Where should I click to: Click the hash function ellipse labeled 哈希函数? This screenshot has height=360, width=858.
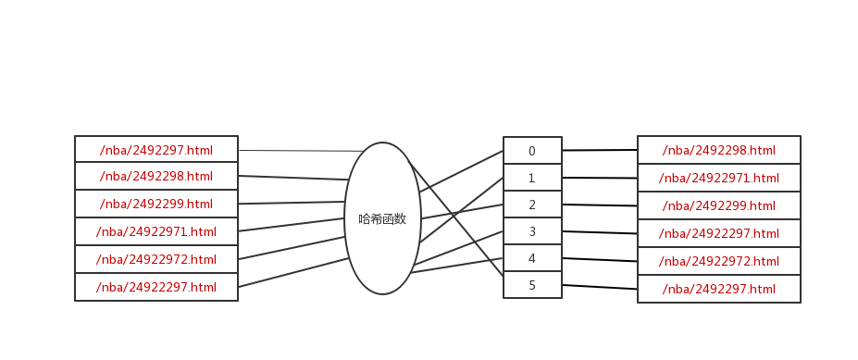tap(382, 218)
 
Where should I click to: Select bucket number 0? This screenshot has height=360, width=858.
tap(532, 151)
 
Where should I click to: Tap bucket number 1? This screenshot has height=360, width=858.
tap(532, 178)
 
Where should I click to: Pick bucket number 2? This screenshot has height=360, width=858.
tap(532, 205)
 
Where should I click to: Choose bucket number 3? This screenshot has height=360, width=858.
tap(532, 231)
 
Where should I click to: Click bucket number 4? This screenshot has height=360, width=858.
tap(532, 258)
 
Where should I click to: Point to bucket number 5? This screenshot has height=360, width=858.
tap(532, 285)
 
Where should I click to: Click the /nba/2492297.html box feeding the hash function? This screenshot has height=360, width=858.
tap(156, 150)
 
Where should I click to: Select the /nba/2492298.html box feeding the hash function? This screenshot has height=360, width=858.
tap(156, 177)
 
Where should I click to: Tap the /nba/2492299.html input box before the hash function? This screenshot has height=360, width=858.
tap(156, 204)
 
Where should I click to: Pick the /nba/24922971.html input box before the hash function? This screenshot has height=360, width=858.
tap(156, 231)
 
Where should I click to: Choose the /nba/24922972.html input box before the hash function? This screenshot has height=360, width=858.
tap(156, 259)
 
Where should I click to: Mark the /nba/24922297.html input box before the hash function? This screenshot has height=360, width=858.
tap(156, 287)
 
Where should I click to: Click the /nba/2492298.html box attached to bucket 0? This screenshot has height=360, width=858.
tap(719, 150)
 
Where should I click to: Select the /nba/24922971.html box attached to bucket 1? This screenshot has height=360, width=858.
tap(719, 178)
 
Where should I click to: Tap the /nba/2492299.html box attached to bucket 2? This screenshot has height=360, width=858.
tap(719, 205)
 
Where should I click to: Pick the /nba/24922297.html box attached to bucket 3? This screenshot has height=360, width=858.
tap(719, 233)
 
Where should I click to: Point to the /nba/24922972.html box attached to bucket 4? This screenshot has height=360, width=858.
tap(719, 261)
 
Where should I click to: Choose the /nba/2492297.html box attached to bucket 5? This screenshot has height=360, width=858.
tap(719, 289)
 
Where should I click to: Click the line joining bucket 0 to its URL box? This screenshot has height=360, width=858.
tap(600, 150)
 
